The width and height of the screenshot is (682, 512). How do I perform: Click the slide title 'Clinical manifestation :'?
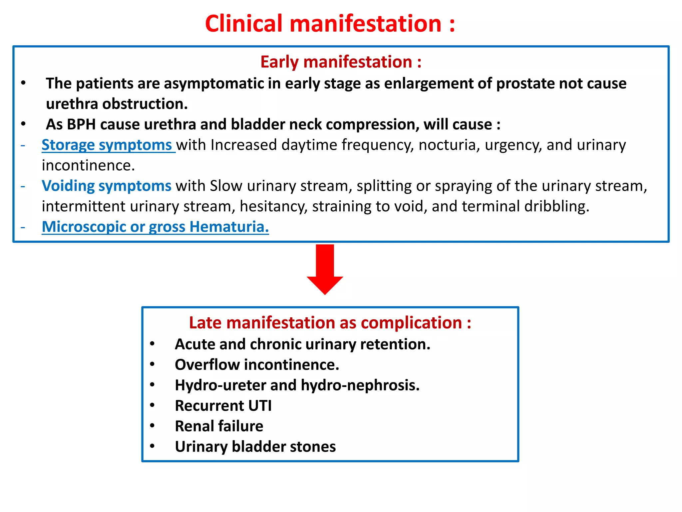(x=330, y=24)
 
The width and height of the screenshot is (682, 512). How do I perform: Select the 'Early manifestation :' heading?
(x=341, y=62)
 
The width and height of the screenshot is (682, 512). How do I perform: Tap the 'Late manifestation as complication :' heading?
(x=330, y=323)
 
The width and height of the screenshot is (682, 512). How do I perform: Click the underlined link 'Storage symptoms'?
(x=107, y=145)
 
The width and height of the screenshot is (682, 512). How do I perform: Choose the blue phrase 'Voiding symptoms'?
(x=107, y=186)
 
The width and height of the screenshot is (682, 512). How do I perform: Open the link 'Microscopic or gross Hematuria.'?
(x=155, y=227)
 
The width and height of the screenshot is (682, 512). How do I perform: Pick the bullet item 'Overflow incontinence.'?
(x=257, y=365)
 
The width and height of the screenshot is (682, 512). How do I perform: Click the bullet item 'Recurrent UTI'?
(x=223, y=406)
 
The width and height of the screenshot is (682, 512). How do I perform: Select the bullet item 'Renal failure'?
(x=219, y=426)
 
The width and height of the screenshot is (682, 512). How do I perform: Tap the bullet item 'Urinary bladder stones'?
(x=255, y=447)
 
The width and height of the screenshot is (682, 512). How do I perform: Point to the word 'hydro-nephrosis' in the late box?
(x=360, y=385)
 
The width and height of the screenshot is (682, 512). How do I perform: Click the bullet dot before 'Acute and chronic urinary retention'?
(x=152, y=344)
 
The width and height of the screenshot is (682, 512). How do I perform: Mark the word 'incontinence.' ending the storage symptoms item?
(x=88, y=166)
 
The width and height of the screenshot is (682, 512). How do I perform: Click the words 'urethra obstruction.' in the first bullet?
(x=117, y=104)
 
